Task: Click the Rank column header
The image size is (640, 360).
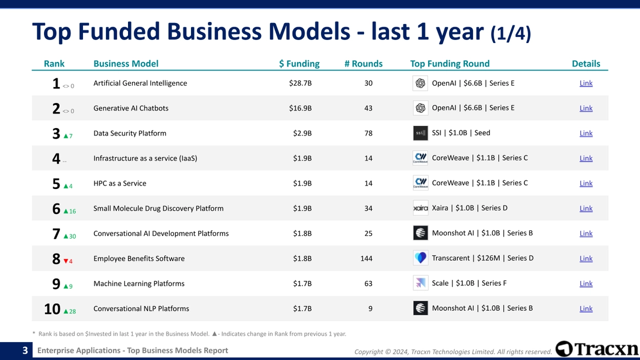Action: [54, 63]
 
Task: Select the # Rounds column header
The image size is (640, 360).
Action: [364, 63]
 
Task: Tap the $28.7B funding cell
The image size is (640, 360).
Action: [300, 83]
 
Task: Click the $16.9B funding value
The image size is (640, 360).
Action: [300, 108]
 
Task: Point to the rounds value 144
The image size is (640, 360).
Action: [366, 259]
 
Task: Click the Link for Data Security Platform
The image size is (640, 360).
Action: [586, 134]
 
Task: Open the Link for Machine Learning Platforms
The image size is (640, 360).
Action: [586, 284]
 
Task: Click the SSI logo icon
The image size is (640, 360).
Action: [420, 133]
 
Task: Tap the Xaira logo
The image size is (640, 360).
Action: [420, 208]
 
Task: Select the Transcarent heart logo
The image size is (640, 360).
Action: [420, 258]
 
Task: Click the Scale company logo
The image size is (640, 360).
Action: [420, 283]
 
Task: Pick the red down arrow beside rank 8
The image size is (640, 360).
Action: [66, 261]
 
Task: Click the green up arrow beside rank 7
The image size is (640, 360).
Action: [66, 236]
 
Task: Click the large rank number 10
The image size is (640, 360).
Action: [52, 309]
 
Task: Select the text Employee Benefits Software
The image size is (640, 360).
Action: [139, 259]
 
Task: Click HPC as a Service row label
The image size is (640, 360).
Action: [120, 183]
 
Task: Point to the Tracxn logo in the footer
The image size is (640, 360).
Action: [596, 349]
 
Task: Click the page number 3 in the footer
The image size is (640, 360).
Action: [25, 350]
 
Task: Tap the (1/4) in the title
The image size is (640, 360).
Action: [510, 33]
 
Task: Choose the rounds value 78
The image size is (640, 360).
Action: [368, 134]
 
